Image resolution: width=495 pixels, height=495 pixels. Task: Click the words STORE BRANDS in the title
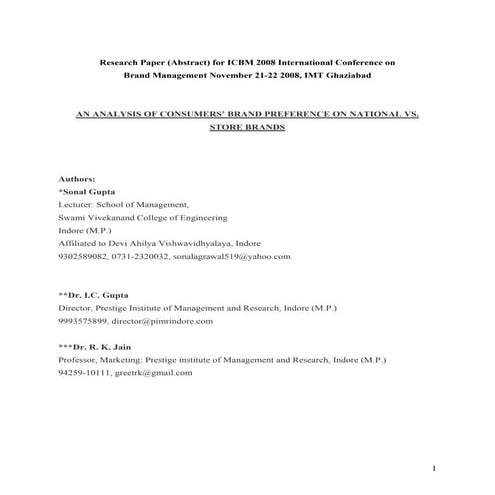coord(247,129)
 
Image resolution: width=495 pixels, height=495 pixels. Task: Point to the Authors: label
coord(77,177)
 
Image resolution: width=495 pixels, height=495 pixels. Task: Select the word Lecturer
coord(78,203)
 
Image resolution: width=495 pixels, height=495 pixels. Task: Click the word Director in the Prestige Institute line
coord(77,308)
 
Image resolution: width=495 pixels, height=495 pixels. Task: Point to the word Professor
coord(80,359)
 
